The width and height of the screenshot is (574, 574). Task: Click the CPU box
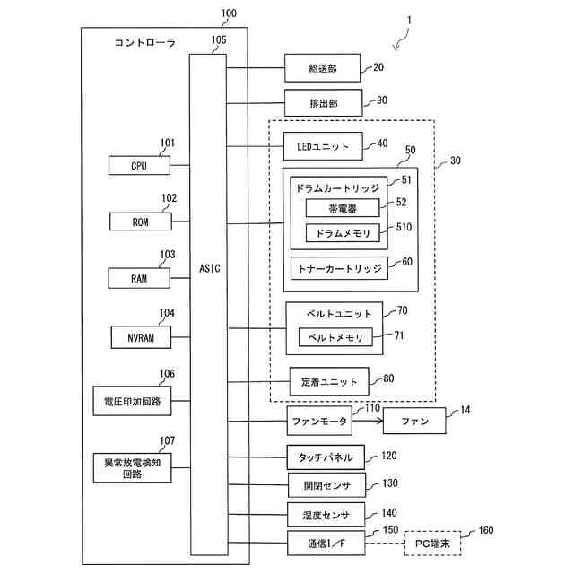pos(138,166)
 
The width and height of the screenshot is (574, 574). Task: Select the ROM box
pos(139,222)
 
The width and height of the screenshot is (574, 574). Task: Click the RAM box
pos(139,278)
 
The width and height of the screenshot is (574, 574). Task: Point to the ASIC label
pos(208,267)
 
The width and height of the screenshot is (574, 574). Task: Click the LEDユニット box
pos(323,144)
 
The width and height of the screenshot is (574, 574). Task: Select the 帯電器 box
pos(343,208)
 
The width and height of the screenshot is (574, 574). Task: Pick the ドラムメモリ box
pos(343,232)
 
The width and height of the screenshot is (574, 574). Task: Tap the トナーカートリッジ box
pos(337,267)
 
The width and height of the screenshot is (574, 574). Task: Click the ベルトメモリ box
pos(335,337)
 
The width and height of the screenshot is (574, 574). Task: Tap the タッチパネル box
pos(325,457)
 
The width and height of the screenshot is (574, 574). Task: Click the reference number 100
pos(229,14)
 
